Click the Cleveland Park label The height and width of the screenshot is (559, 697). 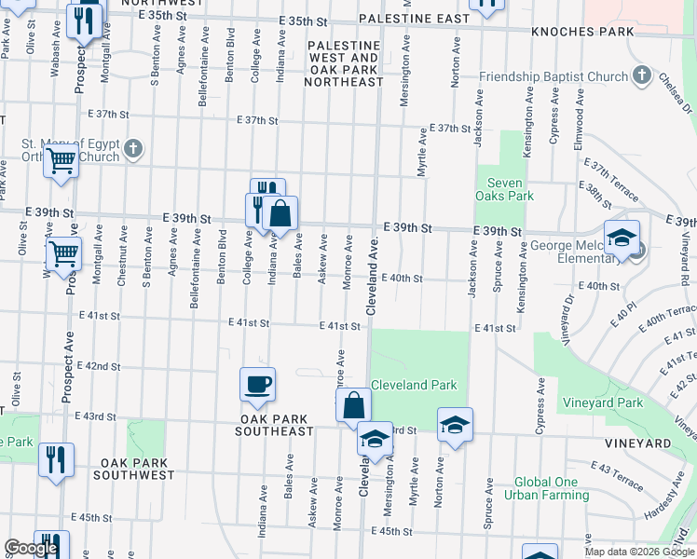[x=414, y=385]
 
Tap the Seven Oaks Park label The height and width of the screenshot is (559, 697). [x=509, y=189]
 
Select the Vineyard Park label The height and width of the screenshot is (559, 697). [x=603, y=403]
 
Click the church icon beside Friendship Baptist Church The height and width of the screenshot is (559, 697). [x=641, y=75]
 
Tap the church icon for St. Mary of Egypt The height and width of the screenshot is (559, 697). [x=133, y=147]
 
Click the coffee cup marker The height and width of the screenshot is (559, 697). [x=257, y=384]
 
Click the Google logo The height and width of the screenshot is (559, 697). [x=31, y=548]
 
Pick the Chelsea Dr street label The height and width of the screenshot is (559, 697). [x=668, y=93]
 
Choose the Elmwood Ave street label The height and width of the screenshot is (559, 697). [x=580, y=116]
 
